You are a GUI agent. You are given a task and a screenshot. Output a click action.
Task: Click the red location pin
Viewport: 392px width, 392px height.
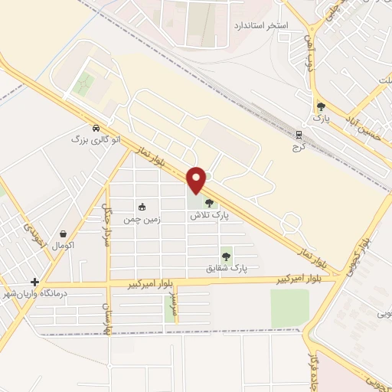point(197,179)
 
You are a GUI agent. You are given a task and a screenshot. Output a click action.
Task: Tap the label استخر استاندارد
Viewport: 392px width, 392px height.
point(260,25)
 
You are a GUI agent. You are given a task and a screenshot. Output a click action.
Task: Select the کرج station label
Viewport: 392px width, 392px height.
point(299,146)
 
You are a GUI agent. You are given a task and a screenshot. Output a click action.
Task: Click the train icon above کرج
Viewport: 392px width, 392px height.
point(299,134)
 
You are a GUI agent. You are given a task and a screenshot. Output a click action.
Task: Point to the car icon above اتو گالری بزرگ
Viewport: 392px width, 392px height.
point(96,128)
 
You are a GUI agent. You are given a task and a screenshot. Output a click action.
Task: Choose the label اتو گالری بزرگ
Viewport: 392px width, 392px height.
point(96,140)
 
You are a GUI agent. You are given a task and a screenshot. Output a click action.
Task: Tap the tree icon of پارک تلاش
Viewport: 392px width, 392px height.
point(209,204)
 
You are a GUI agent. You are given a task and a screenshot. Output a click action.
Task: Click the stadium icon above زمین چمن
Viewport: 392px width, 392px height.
point(142,207)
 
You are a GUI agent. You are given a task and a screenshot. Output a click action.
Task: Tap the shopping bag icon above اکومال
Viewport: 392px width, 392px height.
point(63,234)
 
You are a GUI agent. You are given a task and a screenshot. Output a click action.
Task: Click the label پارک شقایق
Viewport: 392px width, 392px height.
point(227,269)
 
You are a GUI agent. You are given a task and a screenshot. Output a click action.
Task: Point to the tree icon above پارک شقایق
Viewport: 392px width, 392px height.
point(226,256)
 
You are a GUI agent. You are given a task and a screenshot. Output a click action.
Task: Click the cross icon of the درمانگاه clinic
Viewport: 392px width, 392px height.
point(34,282)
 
